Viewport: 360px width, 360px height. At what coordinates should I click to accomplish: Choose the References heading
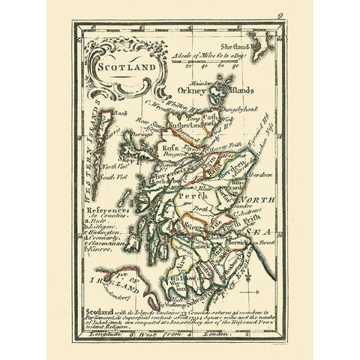103,211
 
